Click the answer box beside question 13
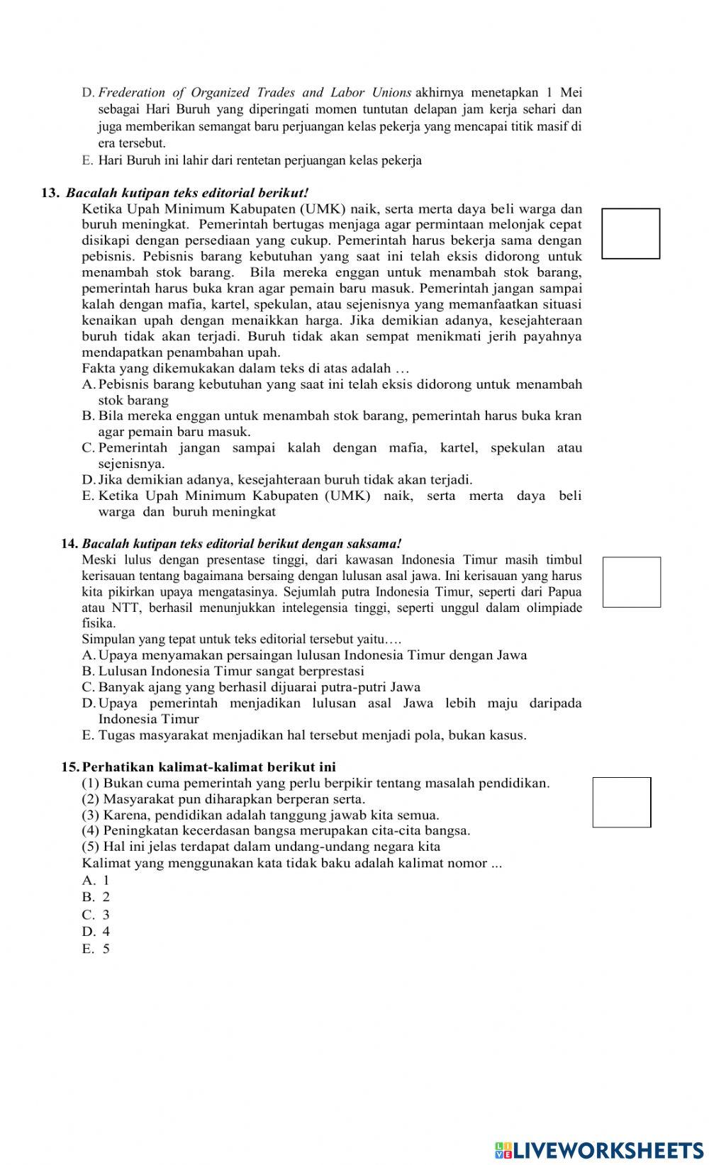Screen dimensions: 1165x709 tap(630, 233)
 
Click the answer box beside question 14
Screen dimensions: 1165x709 tap(631, 582)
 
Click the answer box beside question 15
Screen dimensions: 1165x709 tap(621, 802)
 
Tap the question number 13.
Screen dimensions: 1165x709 tap(50, 193)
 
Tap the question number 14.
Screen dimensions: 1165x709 tap(69, 544)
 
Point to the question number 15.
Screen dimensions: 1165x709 tap(70, 767)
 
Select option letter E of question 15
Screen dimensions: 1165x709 tap(88, 949)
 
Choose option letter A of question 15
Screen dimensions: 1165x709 tap(88, 881)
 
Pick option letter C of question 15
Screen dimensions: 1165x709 tap(88, 915)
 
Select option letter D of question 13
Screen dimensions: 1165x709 tap(88, 480)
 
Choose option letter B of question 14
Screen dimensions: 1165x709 tap(88, 671)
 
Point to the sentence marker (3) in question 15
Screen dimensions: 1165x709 tap(91, 815)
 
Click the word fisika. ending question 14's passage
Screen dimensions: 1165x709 tap(99, 623)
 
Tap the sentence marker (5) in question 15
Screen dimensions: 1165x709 tap(91, 847)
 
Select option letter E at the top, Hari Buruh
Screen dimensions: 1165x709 tap(87, 160)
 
